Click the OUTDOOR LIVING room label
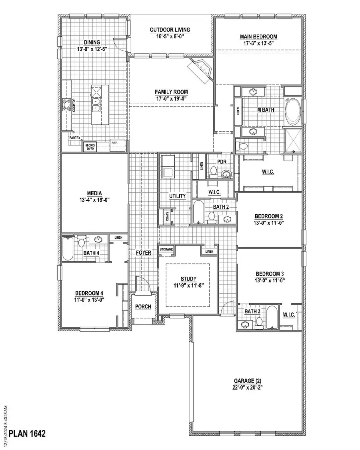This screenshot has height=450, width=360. (170, 30)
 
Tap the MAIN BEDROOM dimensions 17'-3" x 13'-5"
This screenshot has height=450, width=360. (258, 43)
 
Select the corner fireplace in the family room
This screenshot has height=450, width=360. (202, 69)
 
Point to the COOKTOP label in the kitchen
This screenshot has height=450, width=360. (74, 105)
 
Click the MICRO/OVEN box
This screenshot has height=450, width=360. (90, 146)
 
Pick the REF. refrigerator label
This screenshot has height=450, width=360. (114, 142)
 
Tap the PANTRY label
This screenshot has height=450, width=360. (75, 138)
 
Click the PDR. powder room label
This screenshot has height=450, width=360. (222, 162)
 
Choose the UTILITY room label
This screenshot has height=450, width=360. (177, 196)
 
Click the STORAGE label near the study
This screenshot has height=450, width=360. (166, 249)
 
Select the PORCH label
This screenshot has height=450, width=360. (143, 307)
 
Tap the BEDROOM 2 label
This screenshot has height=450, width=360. (270, 216)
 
